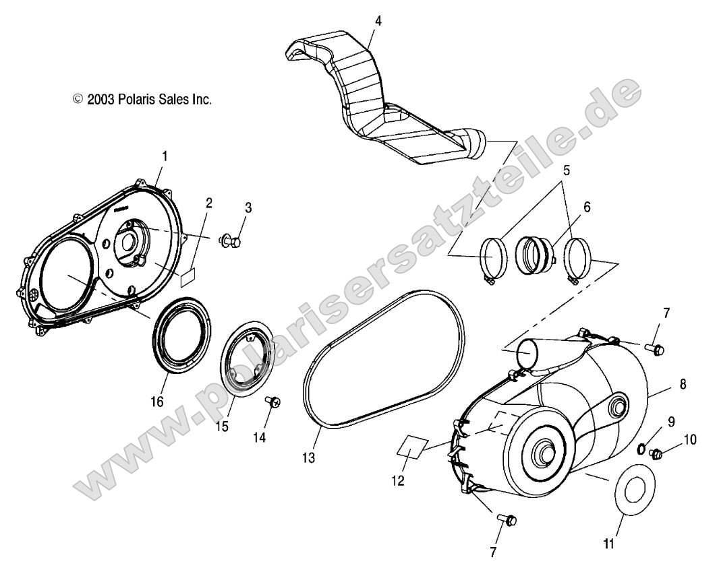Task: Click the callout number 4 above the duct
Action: pos(378,21)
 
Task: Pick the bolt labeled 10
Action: pos(656,455)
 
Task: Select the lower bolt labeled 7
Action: pos(507,519)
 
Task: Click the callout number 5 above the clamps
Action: pos(567,171)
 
